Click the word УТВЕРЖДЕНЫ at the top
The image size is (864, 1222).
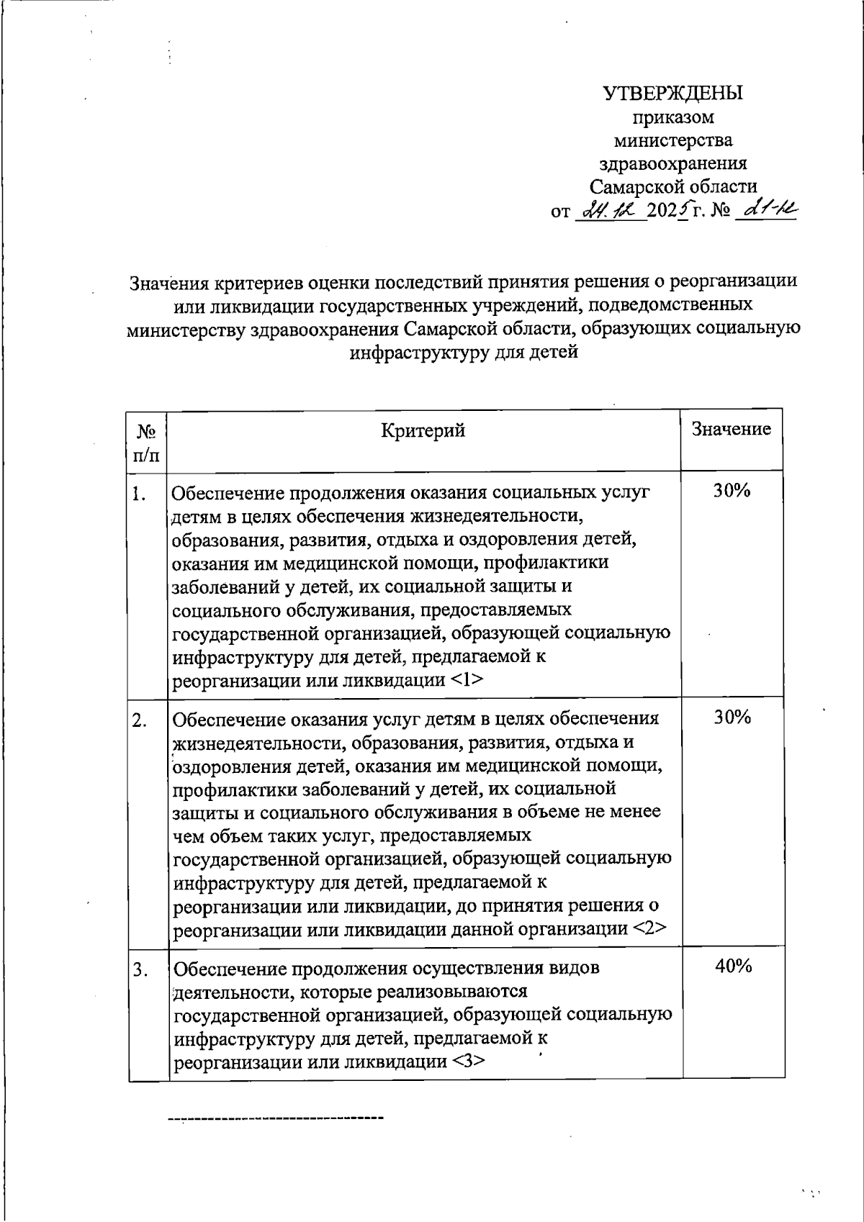[672, 94]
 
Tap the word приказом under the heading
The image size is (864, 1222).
[673, 117]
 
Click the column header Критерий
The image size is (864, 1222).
[423, 430]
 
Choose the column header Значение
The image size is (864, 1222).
[731, 429]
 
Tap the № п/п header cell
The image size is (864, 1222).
[147, 443]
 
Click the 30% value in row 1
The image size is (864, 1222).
[732, 491]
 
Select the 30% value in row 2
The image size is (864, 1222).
[732, 717]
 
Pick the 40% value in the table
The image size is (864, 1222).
[733, 967]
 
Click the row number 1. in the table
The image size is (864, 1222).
[140, 494]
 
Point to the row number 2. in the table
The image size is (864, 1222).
[140, 720]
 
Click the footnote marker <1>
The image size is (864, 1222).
[469, 680]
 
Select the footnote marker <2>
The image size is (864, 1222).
[649, 928]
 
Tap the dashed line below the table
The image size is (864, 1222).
[276, 1118]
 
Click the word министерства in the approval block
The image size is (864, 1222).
[673, 140]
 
